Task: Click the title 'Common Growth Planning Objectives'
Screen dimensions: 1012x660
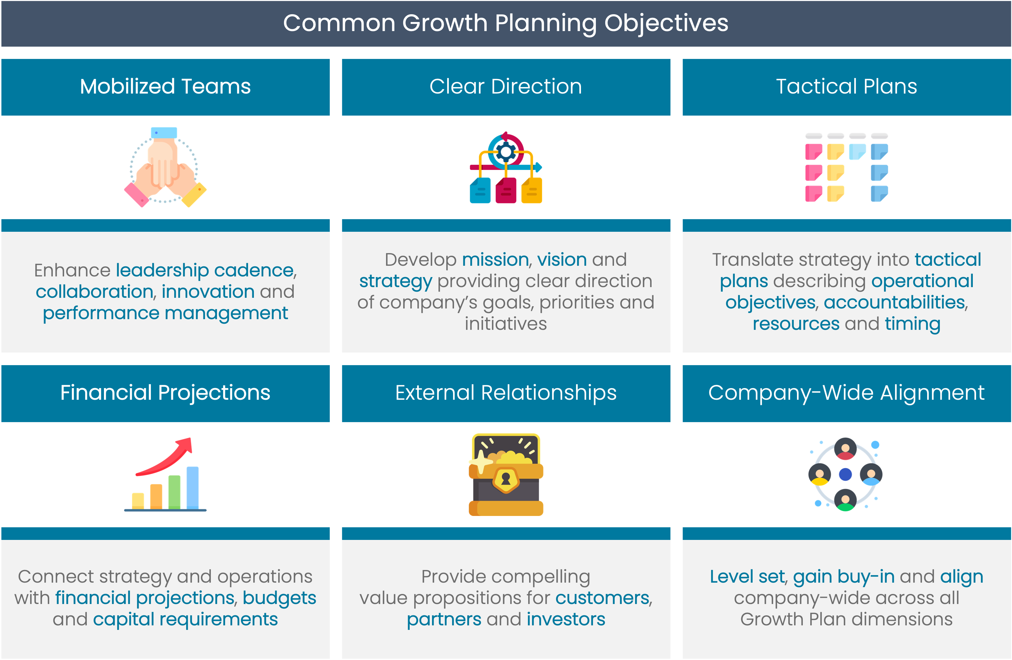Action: click(x=506, y=23)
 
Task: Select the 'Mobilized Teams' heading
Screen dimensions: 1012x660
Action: click(x=165, y=86)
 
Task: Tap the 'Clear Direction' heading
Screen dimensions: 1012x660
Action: click(x=506, y=86)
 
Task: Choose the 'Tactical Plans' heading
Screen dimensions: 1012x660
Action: click(x=846, y=86)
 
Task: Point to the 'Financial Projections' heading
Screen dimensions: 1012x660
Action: click(x=165, y=393)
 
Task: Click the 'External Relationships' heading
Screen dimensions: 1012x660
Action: click(x=506, y=393)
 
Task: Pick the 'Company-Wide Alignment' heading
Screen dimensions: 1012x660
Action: click(x=846, y=393)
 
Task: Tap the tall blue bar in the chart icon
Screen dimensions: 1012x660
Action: click(x=193, y=487)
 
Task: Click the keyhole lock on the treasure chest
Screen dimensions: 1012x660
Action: click(x=506, y=480)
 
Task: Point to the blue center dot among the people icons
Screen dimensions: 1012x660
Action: click(x=845, y=474)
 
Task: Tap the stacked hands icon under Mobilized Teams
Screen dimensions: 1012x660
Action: click(x=165, y=167)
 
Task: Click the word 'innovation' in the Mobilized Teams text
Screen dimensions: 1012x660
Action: click(x=208, y=292)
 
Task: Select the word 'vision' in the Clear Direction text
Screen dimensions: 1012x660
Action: click(x=562, y=260)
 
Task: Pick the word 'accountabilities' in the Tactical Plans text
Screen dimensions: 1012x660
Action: click(x=894, y=303)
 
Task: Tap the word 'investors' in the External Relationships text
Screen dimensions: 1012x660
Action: click(x=566, y=620)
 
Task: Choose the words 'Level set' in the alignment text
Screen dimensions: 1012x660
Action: click(x=747, y=577)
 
